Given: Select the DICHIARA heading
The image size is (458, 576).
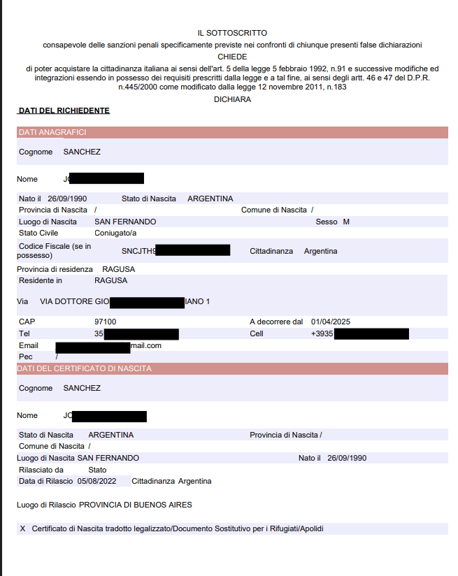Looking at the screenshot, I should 232,99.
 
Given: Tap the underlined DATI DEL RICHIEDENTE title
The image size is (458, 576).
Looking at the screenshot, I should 64,110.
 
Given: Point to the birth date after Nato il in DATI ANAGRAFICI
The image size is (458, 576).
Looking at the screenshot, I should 68,199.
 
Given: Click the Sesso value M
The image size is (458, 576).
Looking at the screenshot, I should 345,222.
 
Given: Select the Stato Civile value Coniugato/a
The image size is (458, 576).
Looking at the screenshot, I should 115,233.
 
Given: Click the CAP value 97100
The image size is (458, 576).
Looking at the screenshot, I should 105,322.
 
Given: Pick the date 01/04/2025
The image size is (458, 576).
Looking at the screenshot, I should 330,322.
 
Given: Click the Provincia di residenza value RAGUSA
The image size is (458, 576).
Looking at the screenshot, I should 118,269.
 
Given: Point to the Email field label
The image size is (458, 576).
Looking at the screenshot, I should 29,345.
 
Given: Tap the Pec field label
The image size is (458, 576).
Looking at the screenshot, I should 26,357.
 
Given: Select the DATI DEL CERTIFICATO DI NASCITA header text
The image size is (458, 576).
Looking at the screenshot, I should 85,368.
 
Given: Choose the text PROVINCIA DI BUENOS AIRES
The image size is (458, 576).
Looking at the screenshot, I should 135,504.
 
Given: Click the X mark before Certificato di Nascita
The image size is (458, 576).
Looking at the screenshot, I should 23,528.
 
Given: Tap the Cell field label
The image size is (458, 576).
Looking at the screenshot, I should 257,333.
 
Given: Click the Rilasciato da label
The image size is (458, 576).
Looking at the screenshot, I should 41,470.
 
